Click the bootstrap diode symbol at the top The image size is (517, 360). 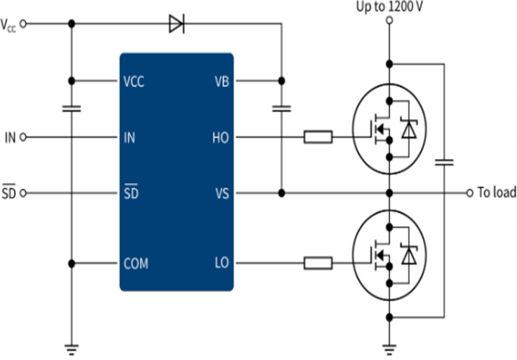(176, 24)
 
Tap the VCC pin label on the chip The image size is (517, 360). (134, 81)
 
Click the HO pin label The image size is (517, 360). (221, 136)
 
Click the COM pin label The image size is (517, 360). (136, 262)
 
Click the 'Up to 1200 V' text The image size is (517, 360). (390, 7)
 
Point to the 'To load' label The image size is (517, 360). (496, 193)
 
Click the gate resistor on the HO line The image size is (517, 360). (318, 136)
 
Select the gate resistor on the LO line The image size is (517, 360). (318, 262)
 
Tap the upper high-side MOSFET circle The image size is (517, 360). (390, 129)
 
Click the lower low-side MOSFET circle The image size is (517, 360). (390, 255)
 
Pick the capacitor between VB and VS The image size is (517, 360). (281, 109)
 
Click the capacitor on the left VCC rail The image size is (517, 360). (71, 109)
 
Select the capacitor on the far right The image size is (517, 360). (443, 161)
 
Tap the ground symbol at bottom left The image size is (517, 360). (71, 349)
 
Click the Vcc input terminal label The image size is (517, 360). (9, 24)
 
